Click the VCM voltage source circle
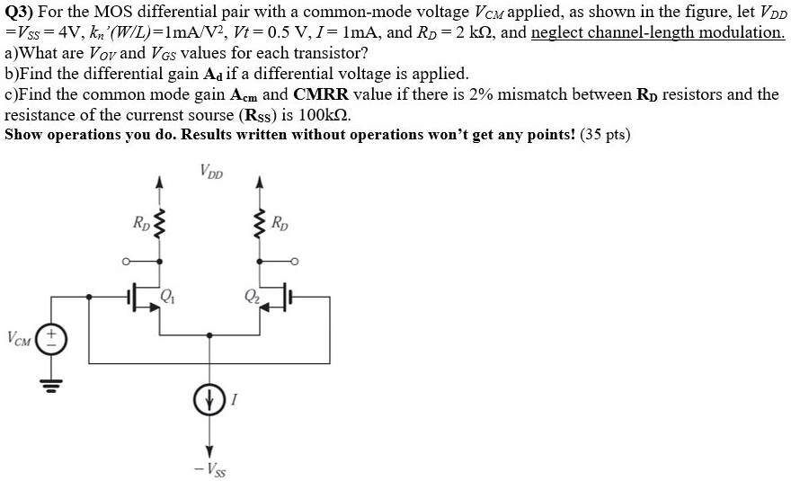click(51, 339)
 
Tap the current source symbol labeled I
click(210, 403)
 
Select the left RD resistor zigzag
click(160, 224)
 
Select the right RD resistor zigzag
click(261, 224)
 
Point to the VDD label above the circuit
click(212, 172)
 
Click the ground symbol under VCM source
click(51, 380)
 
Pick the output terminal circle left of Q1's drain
click(128, 263)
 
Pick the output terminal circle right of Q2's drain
click(293, 263)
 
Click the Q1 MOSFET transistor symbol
click(144, 298)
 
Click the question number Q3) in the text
click(20, 13)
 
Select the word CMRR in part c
click(324, 94)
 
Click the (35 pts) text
click(606, 135)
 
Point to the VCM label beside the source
click(19, 339)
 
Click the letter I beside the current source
click(234, 404)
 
